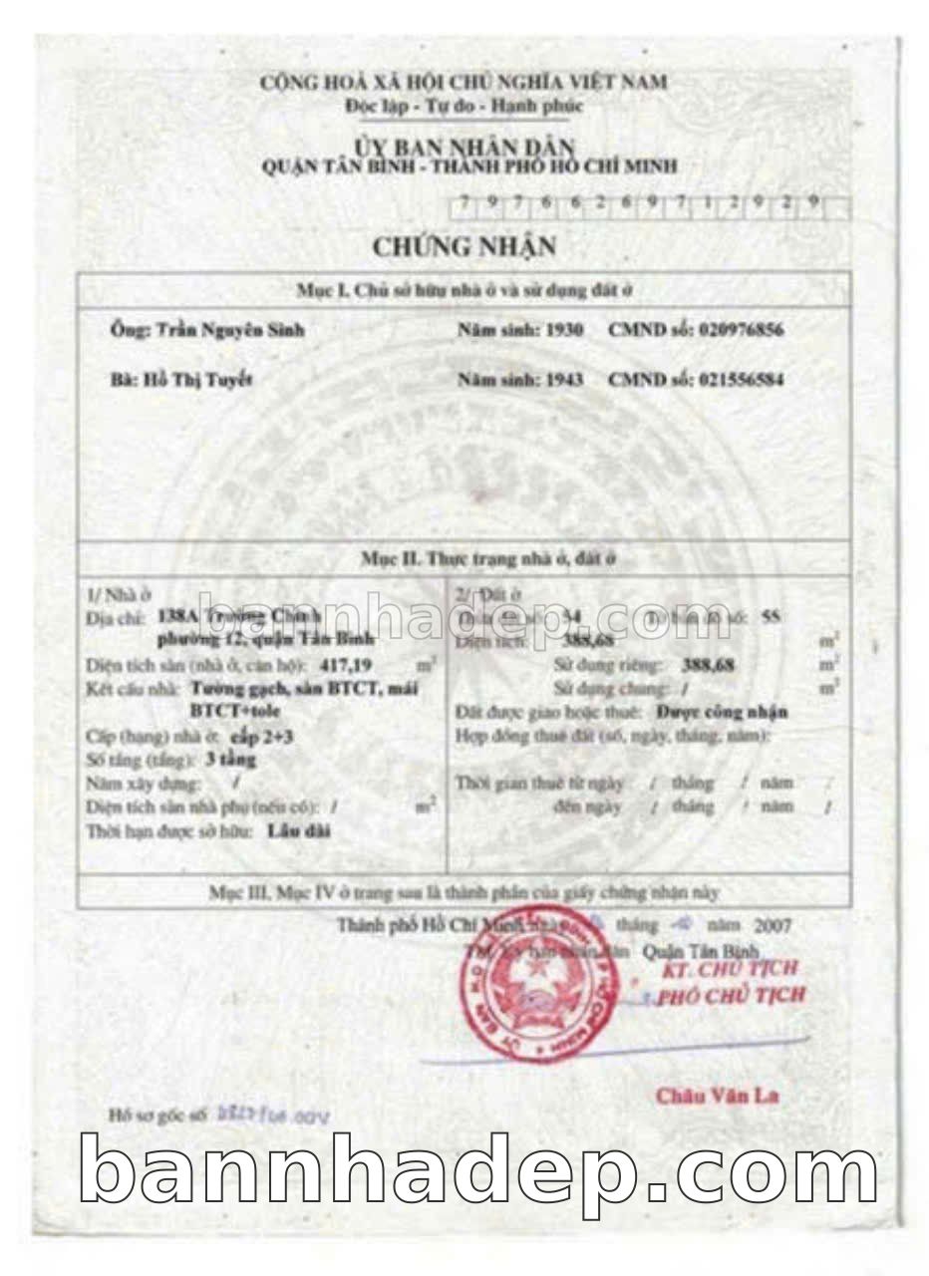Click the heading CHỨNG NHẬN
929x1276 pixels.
click(x=464, y=245)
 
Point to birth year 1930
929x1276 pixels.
click(x=563, y=331)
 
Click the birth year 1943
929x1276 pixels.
click(x=563, y=380)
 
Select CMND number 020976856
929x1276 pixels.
click(x=727, y=331)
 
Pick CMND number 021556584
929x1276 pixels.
click(x=727, y=380)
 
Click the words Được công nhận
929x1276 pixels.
click(x=723, y=712)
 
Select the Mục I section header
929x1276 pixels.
click(x=464, y=290)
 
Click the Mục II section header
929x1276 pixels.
click(x=487, y=559)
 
